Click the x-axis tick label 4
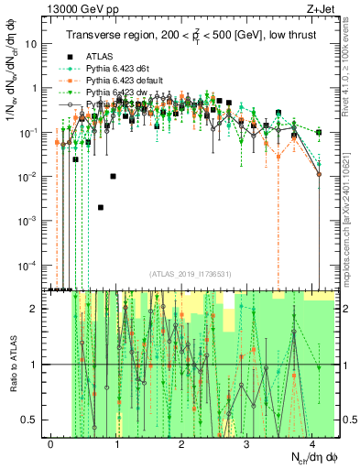[x=312, y=443]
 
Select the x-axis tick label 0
[x=51, y=443]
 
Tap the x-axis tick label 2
[x=182, y=443]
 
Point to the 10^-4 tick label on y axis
[x=30, y=265]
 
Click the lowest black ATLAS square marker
[x=101, y=208]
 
